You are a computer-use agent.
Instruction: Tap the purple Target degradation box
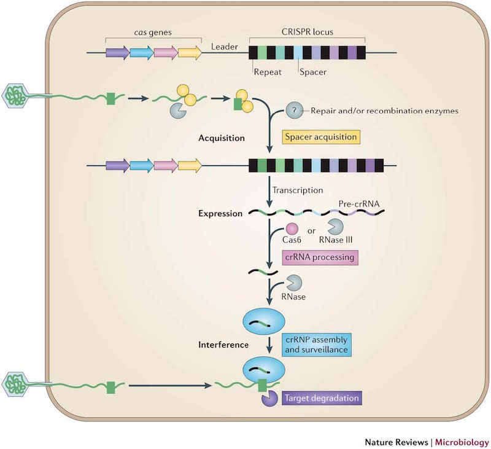click(322, 399)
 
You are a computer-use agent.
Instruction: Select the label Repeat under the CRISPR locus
click(268, 71)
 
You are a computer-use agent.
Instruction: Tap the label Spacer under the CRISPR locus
click(312, 71)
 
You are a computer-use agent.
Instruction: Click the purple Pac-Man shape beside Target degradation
click(269, 400)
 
